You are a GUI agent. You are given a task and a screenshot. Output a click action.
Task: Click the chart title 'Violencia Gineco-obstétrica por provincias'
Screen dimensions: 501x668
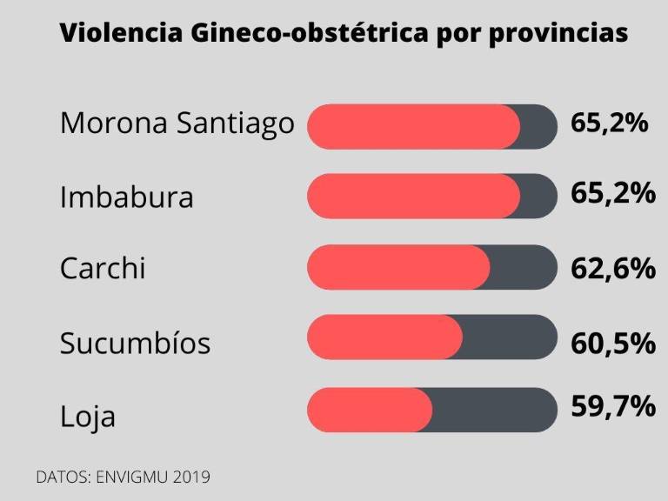pyautogui.click(x=343, y=34)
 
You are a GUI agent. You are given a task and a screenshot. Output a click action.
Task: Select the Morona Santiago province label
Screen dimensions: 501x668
pyautogui.click(x=177, y=124)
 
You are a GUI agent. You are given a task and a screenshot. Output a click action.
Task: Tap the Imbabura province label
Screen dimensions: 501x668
pyautogui.click(x=126, y=197)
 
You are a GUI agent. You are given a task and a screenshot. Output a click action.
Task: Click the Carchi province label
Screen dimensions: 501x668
pyautogui.click(x=102, y=268)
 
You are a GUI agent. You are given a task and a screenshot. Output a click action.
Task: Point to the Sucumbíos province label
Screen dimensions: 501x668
pyautogui.click(x=135, y=343)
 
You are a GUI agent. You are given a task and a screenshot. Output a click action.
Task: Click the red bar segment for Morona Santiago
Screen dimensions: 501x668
pyautogui.click(x=413, y=126)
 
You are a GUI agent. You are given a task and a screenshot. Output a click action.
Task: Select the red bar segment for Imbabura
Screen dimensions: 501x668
pyautogui.click(x=413, y=196)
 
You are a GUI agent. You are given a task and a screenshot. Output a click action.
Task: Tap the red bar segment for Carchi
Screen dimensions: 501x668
pyautogui.click(x=398, y=267)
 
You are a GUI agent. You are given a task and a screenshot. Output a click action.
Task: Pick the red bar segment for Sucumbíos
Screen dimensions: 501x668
pyautogui.click(x=384, y=337)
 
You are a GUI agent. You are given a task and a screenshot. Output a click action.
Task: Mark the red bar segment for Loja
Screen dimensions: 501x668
pyautogui.click(x=370, y=410)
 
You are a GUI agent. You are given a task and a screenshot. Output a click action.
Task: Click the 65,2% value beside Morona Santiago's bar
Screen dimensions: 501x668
pyautogui.click(x=610, y=123)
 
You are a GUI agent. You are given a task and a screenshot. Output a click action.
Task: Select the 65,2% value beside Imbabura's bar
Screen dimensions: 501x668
pyautogui.click(x=612, y=193)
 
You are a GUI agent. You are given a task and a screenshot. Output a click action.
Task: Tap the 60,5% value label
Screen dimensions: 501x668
pyautogui.click(x=612, y=344)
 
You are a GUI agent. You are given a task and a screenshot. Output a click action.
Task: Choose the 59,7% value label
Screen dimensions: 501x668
pyautogui.click(x=612, y=405)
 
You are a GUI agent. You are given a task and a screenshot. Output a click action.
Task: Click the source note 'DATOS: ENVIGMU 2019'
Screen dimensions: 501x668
pyautogui.click(x=123, y=477)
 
